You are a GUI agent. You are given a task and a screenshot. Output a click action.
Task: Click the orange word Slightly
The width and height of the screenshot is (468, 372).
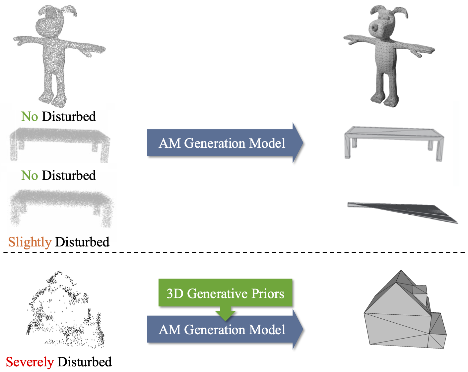pyautogui.click(x=30, y=242)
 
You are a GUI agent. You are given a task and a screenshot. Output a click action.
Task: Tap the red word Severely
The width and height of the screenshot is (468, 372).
pyautogui.click(x=30, y=362)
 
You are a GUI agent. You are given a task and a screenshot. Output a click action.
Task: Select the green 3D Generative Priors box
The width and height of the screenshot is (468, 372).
pyautogui.click(x=225, y=293)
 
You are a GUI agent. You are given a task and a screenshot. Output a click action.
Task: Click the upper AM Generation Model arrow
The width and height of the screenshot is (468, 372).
pyautogui.click(x=222, y=143)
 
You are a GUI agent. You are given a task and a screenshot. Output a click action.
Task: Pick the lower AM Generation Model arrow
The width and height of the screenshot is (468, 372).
pyautogui.click(x=222, y=330)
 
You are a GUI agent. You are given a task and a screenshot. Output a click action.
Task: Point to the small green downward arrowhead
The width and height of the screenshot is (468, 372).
pyautogui.click(x=225, y=315)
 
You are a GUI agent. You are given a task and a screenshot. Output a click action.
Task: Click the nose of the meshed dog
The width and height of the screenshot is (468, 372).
pyautogui.click(x=376, y=26)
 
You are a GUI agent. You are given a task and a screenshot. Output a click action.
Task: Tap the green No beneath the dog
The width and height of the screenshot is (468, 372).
pyautogui.click(x=30, y=117)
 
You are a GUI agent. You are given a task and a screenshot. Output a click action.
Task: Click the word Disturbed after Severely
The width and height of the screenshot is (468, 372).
pyautogui.click(x=85, y=362)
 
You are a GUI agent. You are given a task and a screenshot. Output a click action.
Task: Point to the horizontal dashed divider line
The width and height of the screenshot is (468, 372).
pyautogui.click(x=234, y=252)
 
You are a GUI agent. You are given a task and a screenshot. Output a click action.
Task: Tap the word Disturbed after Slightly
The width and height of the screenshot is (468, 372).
pyautogui.click(x=82, y=242)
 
